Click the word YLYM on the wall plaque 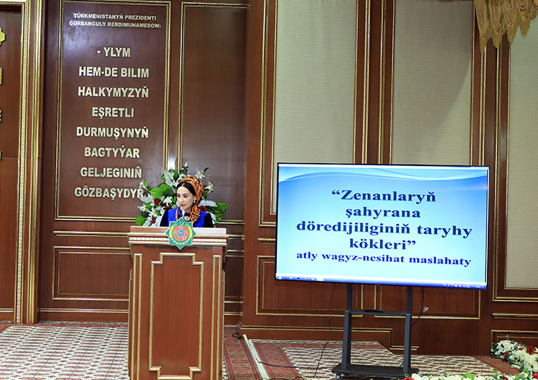pyautogui.click(x=116, y=53)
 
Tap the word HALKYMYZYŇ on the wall pyautogui.click(x=113, y=92)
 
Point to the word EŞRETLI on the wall pyautogui.click(x=113, y=112)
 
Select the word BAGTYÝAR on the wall pyautogui.click(x=113, y=152)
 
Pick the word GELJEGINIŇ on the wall pyautogui.click(x=111, y=172)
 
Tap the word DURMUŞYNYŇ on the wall pyautogui.click(x=113, y=132)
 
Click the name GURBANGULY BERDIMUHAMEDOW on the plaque pyautogui.click(x=115, y=24)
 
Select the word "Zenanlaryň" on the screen pyautogui.click(x=384, y=195)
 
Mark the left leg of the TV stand pyautogui.click(x=349, y=327)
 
